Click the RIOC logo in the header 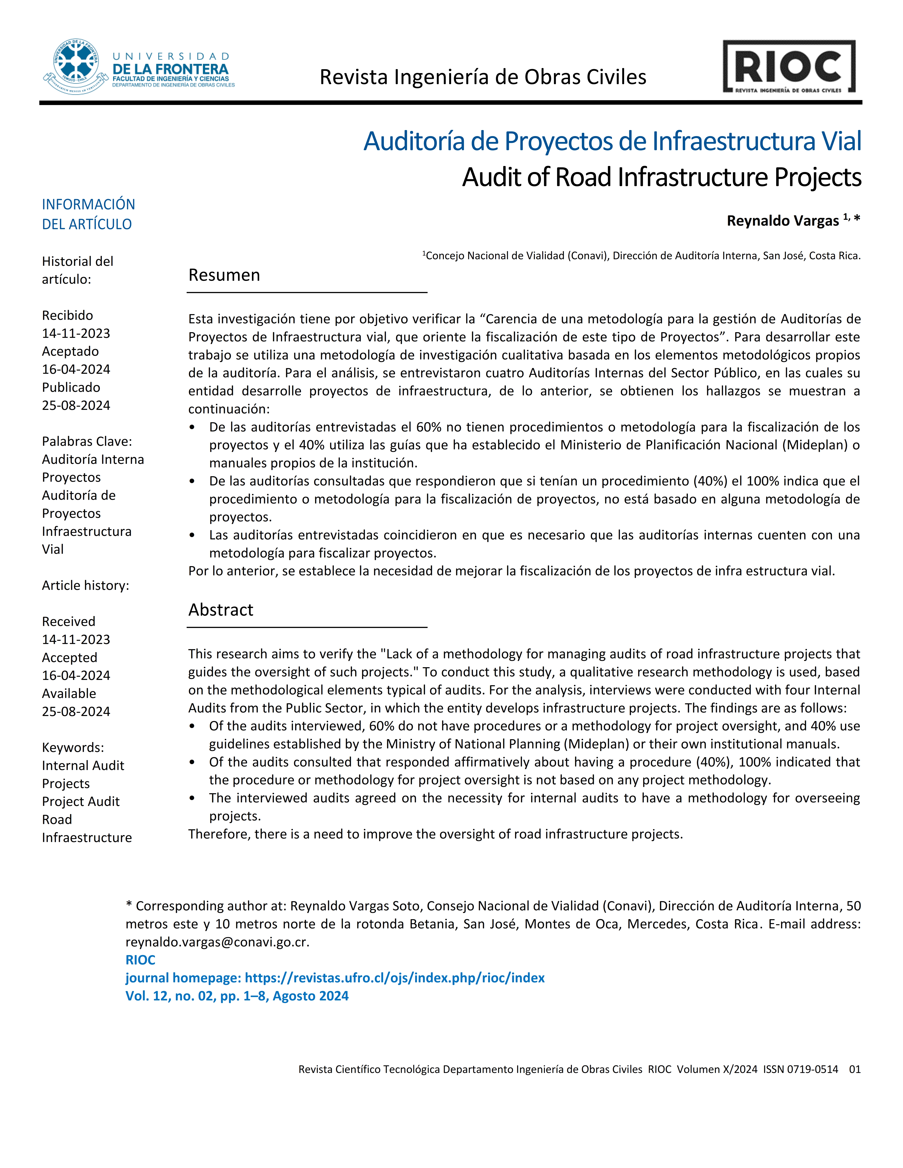(789, 67)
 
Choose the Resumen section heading (224, 275)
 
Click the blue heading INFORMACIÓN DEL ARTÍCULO (88, 214)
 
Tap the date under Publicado (76, 405)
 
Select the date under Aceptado (76, 370)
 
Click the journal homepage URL (394, 978)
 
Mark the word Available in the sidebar (69, 694)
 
